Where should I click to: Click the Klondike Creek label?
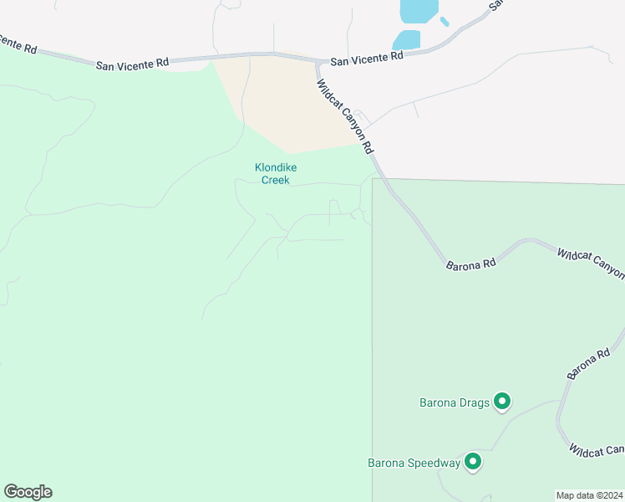coord(276,173)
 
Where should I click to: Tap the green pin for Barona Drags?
coord(502,402)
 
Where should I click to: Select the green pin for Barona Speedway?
coord(473,462)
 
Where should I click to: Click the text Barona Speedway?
coord(414,463)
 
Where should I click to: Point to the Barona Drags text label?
coord(454,403)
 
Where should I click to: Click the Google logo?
coord(28,492)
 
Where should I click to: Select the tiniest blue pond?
coord(445,21)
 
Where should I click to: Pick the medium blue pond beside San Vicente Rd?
coord(407,39)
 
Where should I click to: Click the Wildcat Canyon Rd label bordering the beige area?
coord(344,116)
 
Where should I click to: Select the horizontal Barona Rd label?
coord(471,264)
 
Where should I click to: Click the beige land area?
coord(284,105)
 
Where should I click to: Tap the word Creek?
coord(276,180)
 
